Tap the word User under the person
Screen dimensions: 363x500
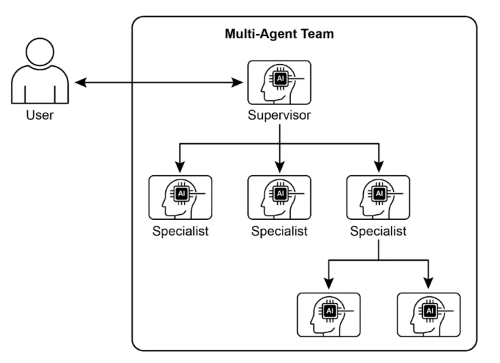(40, 115)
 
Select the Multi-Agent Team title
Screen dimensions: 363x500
(279, 34)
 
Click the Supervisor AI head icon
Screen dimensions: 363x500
(279, 83)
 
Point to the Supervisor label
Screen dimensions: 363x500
(279, 115)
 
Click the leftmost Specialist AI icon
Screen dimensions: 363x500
(181, 197)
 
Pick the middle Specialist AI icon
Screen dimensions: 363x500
(279, 197)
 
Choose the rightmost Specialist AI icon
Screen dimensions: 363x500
(378, 197)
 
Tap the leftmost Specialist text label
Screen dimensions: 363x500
(181, 230)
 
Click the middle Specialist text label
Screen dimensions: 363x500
(279, 230)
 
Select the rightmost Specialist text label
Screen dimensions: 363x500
(378, 230)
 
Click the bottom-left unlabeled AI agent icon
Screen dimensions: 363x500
(328, 314)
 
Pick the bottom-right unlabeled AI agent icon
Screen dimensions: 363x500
(428, 314)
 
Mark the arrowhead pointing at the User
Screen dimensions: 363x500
(81, 83)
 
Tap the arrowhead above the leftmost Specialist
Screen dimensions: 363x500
(181, 167)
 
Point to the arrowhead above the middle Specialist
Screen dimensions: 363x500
(279, 167)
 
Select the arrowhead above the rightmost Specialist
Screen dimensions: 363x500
(378, 167)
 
